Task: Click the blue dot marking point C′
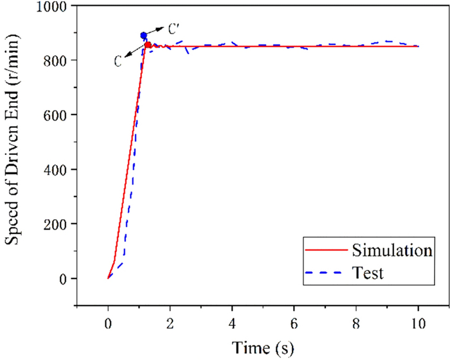tap(144, 35)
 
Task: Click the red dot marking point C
tap(148, 45)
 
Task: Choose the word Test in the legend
tap(368, 273)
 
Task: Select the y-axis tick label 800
tap(59, 60)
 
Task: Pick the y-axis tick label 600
tap(59, 115)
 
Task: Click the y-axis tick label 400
tap(59, 170)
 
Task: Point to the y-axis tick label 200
tap(59, 224)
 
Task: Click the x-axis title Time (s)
tap(264, 345)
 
